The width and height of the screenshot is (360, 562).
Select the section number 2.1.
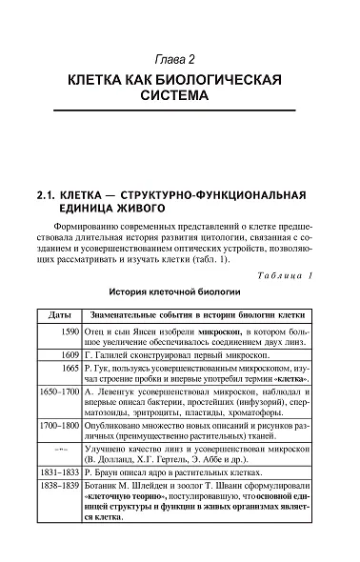pyautogui.click(x=45, y=194)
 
